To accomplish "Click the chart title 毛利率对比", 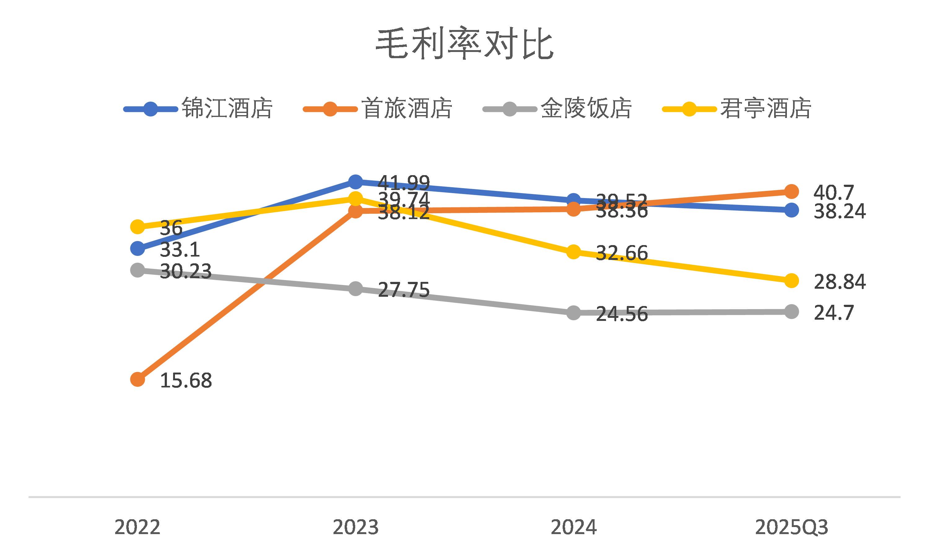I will [464, 44].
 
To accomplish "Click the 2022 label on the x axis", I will [137, 527].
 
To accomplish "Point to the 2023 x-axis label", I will [355, 527].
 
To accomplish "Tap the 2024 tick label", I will [574, 527].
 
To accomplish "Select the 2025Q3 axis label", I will [791, 527].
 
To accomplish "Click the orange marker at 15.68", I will [137, 379].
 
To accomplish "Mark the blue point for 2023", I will [355, 182].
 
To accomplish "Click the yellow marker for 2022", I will [137, 226].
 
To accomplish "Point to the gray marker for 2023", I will [355, 289].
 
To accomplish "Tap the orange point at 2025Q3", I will [792, 192].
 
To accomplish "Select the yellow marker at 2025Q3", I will [792, 280].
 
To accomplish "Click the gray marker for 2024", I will [574, 312].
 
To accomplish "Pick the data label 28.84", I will [839, 282].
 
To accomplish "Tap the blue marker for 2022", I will [137, 248].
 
